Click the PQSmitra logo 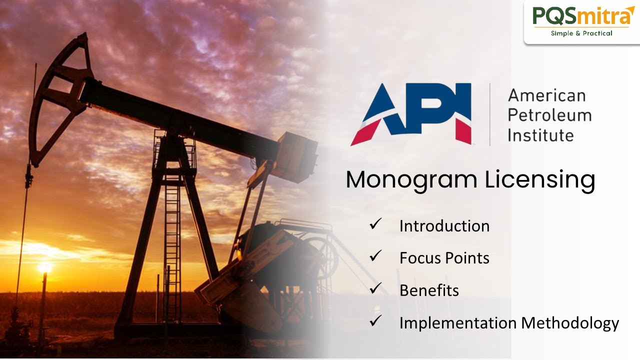click(x=581, y=16)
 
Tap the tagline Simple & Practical click(x=581, y=33)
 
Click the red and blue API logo click(x=411, y=114)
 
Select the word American click(x=546, y=95)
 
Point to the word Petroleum click(x=549, y=115)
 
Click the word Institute click(x=540, y=135)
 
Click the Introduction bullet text click(x=444, y=226)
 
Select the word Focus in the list click(x=420, y=258)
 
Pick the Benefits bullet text click(x=429, y=290)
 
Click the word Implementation click(x=457, y=323)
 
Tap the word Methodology click(x=570, y=323)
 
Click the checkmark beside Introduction click(x=375, y=224)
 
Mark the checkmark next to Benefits click(x=375, y=288)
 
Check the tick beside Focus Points click(x=375, y=256)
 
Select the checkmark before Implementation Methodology click(x=375, y=321)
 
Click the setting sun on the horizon click(x=45, y=267)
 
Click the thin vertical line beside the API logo click(x=489, y=114)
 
